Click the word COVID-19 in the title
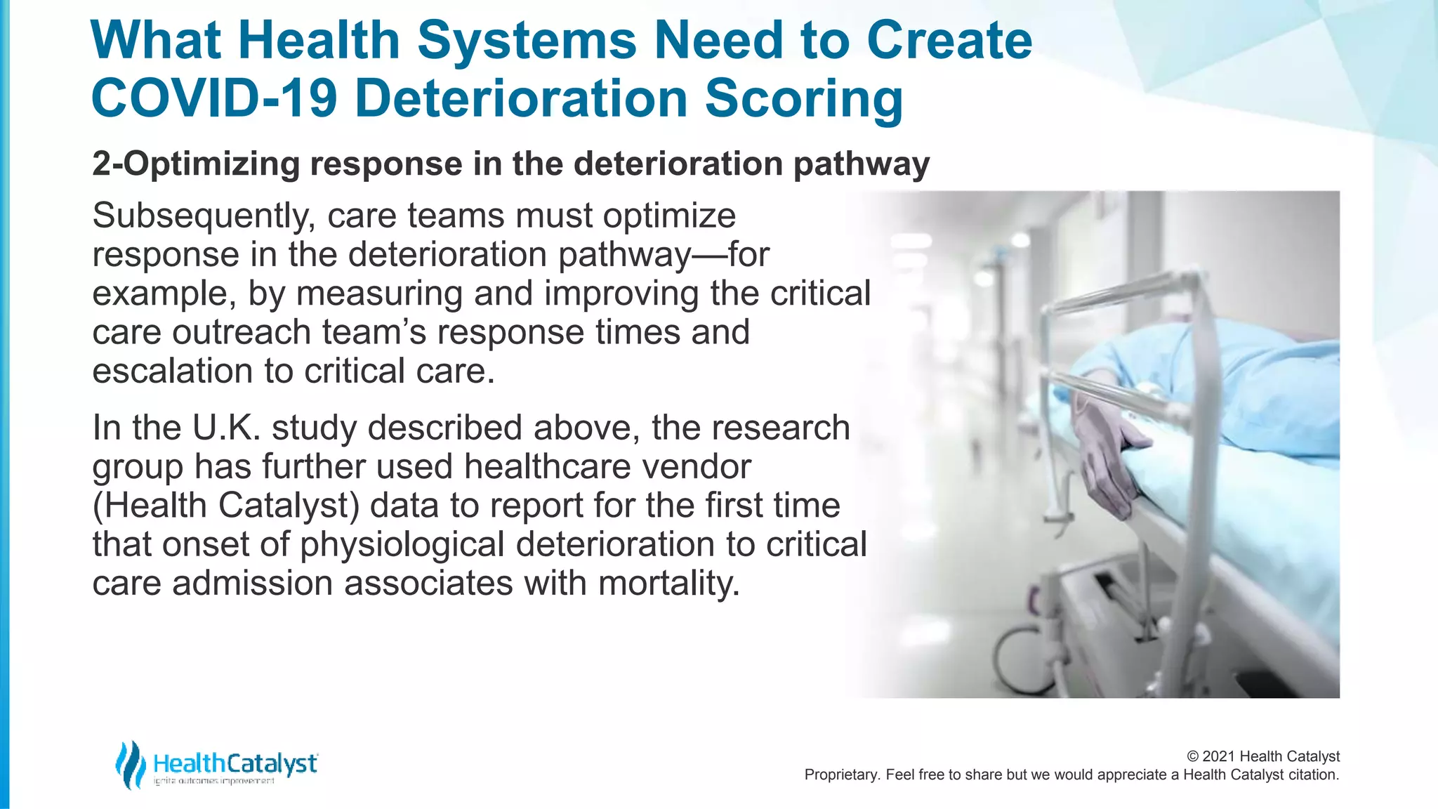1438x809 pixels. click(214, 98)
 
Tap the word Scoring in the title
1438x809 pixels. click(803, 98)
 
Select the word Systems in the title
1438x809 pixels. click(527, 40)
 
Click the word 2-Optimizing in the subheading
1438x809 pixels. click(196, 164)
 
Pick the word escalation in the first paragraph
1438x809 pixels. click(172, 371)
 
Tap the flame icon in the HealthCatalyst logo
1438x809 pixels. click(130, 764)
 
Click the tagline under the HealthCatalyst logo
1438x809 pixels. click(213, 782)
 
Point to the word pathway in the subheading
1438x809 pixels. click(861, 164)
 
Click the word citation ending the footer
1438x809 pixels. click(1312, 775)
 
